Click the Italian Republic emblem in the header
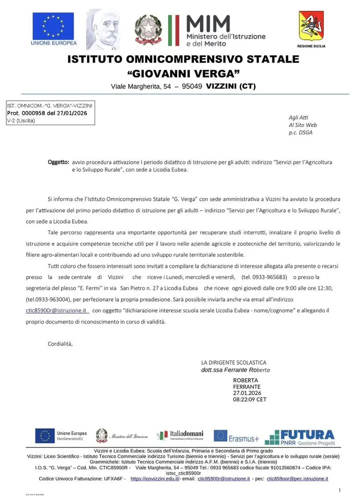pyautogui.click(x=148, y=29)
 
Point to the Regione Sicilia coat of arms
pyautogui.click(x=311, y=26)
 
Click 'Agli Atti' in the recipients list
pyautogui.click(x=296, y=117)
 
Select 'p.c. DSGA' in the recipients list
pyautogui.click(x=301, y=132)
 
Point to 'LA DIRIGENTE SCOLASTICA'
pyautogui.click(x=233, y=362)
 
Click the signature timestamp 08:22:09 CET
pyautogui.click(x=249, y=399)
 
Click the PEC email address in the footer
pyautogui.click(x=297, y=479)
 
